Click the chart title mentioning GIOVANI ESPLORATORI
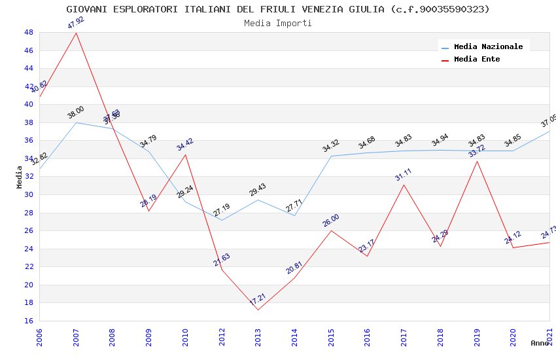tap(278, 9)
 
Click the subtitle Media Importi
tap(278, 23)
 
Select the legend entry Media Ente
tap(477, 59)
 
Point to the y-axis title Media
tap(19, 177)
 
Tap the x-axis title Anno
tap(540, 343)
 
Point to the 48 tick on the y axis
tap(28, 32)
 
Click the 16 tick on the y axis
tap(28, 321)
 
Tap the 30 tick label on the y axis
tap(28, 194)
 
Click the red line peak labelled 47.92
tap(77, 33)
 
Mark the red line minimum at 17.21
tap(258, 310)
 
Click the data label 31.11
tap(404, 175)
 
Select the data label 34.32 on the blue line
tap(330, 146)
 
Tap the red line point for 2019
tap(477, 161)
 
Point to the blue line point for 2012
tap(222, 220)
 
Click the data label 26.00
tap(330, 221)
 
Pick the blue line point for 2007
tap(77, 122)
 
